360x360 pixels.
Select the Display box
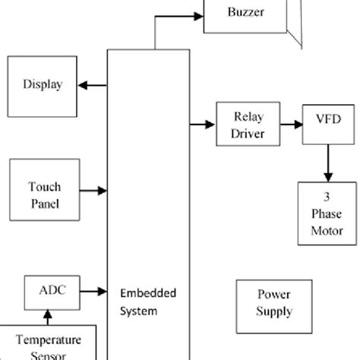point(42,84)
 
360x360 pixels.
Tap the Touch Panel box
point(45,195)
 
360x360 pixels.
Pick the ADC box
point(47,289)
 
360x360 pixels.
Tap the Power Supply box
point(274,303)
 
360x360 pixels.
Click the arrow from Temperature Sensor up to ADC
point(47,315)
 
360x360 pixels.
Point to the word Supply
point(274,311)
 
